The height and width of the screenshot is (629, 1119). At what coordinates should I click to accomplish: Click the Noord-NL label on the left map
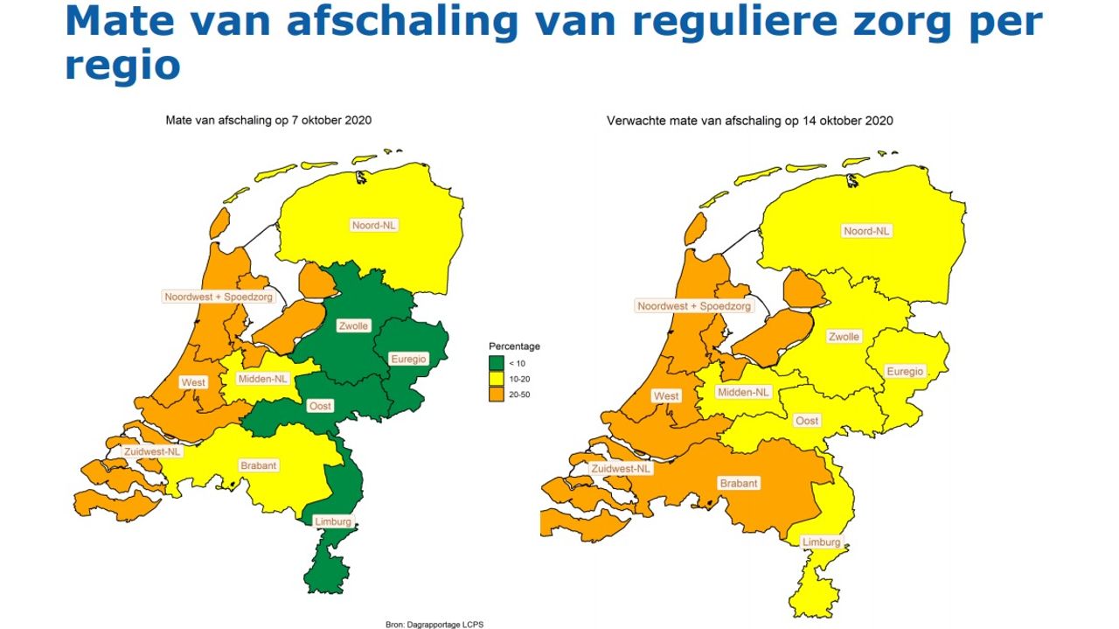[374, 225]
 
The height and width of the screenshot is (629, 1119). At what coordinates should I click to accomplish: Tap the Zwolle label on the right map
[844, 337]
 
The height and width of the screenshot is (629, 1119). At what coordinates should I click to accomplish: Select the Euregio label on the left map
[407, 359]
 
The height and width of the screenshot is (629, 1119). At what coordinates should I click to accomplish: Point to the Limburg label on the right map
[821, 542]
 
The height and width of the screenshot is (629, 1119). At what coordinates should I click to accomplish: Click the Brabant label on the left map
[258, 465]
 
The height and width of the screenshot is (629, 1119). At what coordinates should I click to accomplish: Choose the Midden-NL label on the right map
[744, 393]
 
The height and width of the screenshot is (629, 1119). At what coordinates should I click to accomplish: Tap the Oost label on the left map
[320, 406]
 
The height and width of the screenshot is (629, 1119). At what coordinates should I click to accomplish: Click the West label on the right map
[666, 396]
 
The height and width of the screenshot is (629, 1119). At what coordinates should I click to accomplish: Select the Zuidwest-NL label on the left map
[152, 451]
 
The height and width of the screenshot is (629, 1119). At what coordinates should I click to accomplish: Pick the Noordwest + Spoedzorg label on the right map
[694, 306]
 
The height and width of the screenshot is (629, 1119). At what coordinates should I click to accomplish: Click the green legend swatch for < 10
[497, 363]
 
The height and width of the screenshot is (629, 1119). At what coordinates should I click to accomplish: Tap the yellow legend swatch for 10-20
[497, 379]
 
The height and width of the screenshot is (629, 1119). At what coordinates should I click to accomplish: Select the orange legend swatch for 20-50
[497, 395]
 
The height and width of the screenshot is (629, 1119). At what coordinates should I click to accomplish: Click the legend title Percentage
[514, 346]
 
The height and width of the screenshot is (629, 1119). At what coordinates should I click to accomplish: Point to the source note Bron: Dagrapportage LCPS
[434, 625]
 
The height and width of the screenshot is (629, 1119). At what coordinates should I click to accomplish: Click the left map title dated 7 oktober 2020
[268, 121]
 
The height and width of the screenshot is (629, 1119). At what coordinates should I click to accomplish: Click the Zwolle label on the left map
[354, 326]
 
